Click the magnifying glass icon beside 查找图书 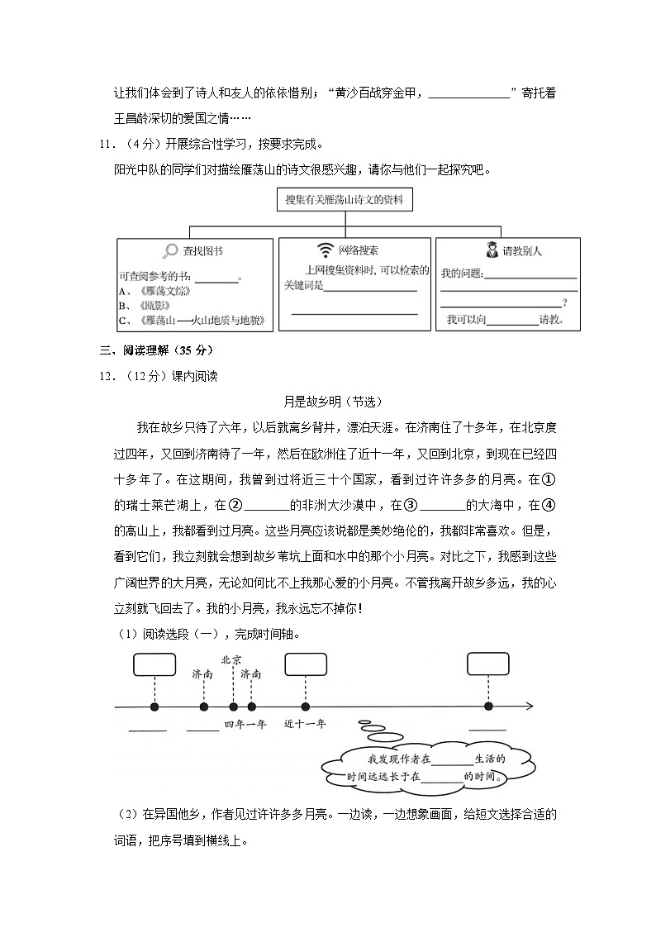pos(170,250)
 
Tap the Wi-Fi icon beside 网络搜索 pos(326,250)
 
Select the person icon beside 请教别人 pos(492,250)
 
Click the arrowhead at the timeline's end pos(529,707)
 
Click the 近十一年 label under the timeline pos(305,724)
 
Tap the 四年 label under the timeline pos(234,724)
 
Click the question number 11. pos(105,144)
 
